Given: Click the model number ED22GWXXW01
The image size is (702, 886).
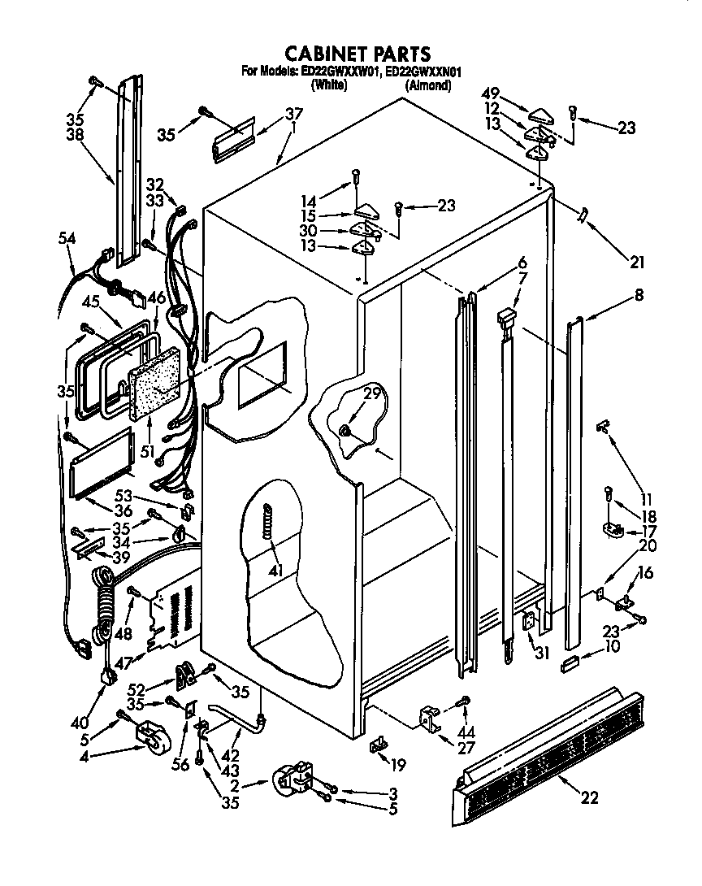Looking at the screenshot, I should [340, 72].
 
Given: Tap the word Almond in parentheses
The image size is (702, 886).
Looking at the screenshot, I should [429, 85].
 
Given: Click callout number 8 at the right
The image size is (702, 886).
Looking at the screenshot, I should [639, 296].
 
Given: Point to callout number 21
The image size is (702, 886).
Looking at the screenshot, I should [636, 261].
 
